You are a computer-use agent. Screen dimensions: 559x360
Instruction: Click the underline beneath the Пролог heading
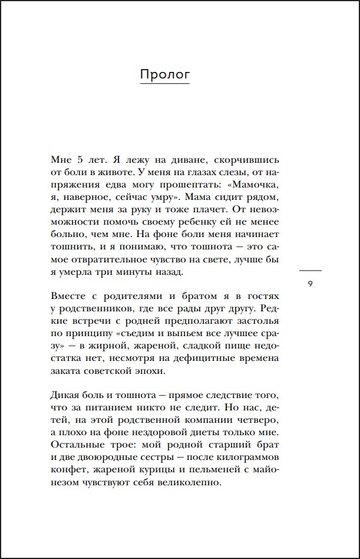point(164,84)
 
